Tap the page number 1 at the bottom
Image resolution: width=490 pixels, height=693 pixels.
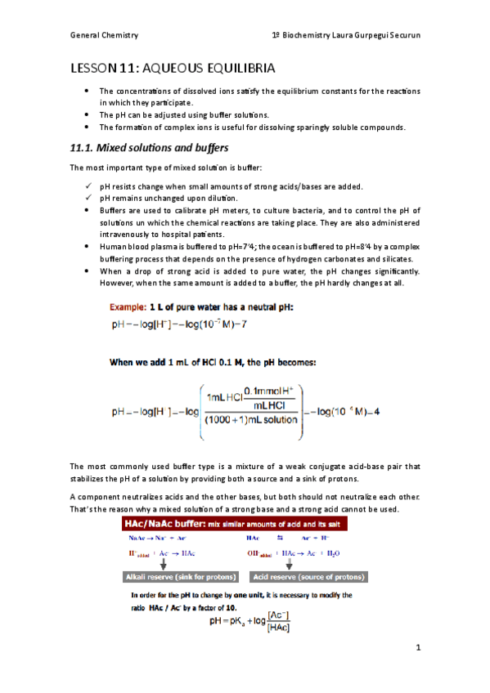417,649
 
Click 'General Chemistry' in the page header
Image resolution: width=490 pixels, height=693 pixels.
104,36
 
